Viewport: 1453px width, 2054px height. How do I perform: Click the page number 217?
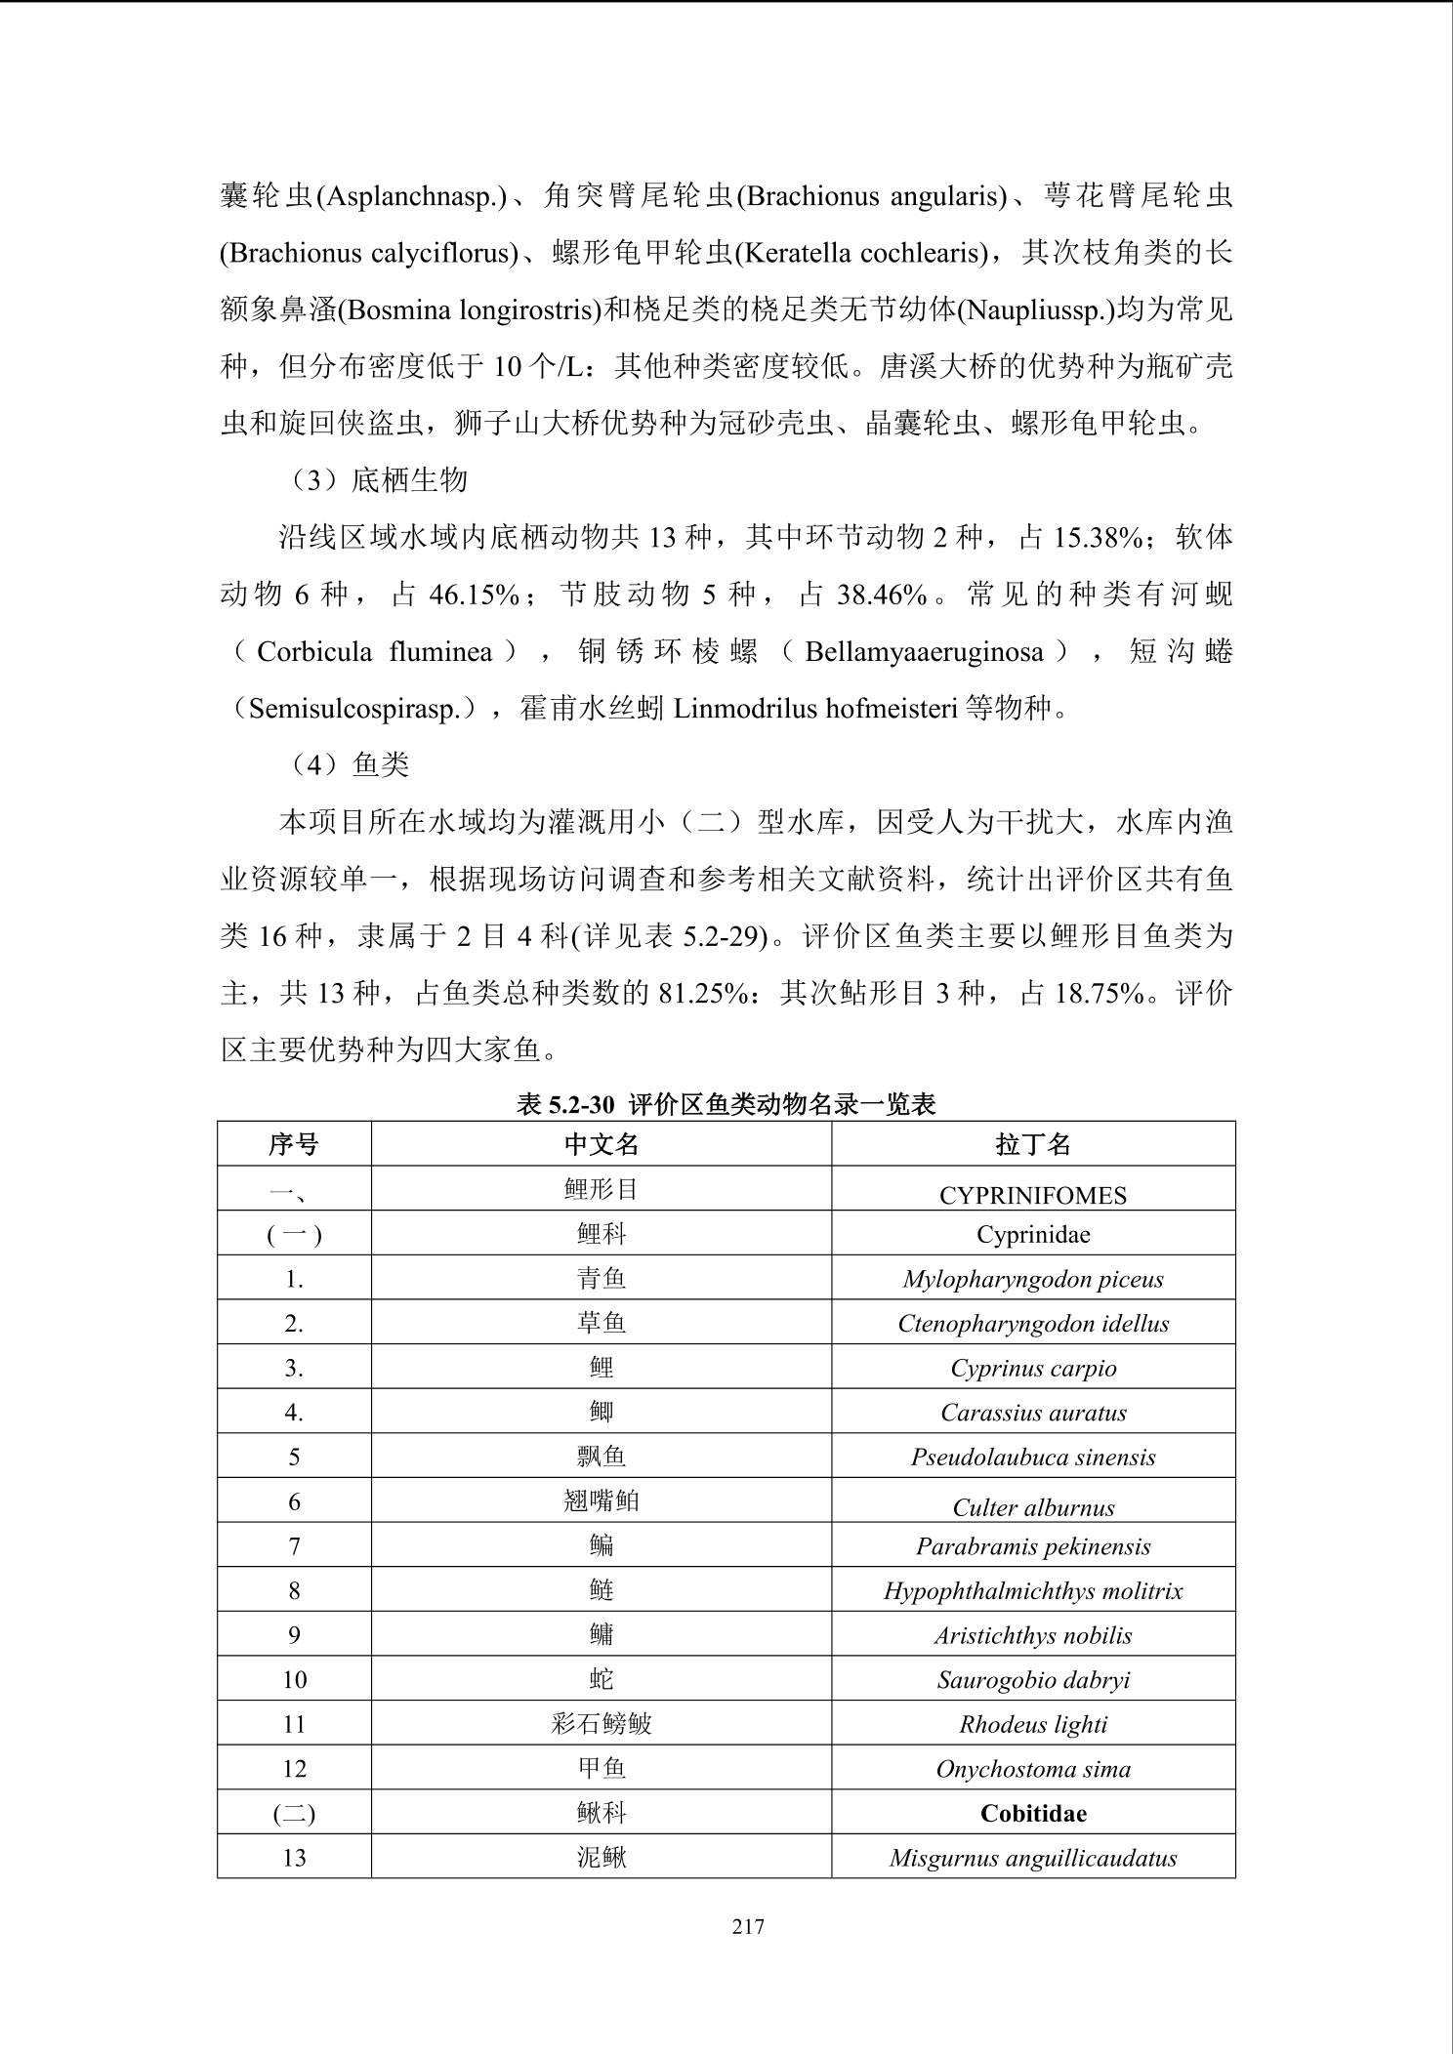748,1926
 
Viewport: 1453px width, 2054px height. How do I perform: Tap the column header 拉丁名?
1033,1144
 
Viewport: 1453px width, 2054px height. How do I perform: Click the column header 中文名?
602,1144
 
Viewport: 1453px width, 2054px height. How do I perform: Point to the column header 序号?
294,1144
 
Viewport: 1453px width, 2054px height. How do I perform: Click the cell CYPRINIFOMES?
1033,1195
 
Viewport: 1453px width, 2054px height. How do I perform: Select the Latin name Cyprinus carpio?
1033,1368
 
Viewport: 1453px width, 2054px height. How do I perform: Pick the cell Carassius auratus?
1033,1413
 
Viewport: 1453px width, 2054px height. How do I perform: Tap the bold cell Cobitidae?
1033,1813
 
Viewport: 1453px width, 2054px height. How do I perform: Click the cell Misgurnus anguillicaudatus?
1033,1858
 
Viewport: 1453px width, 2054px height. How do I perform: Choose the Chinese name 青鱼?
602,1278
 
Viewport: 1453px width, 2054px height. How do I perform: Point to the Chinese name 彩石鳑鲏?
602,1724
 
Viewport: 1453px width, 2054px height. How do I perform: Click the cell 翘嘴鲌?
602,1500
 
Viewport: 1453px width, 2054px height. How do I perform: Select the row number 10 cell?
294,1679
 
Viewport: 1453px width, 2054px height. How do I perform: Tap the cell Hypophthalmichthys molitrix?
1033,1590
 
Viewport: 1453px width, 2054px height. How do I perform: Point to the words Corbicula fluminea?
374,651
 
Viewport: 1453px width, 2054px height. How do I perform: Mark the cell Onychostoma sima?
1033,1769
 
